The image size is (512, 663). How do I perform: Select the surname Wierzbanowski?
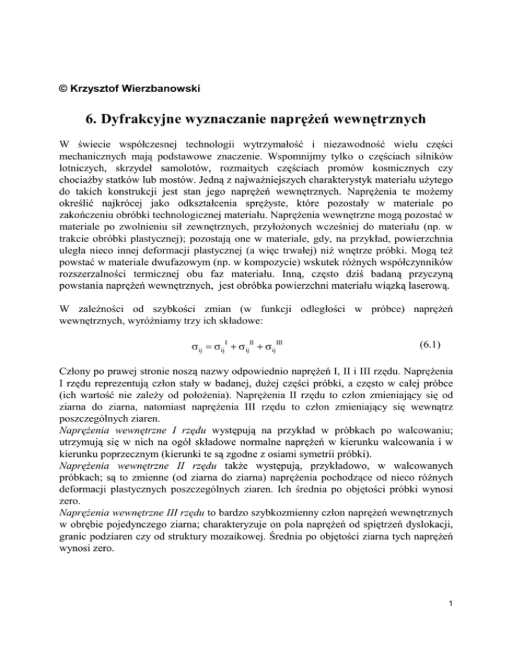136,86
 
